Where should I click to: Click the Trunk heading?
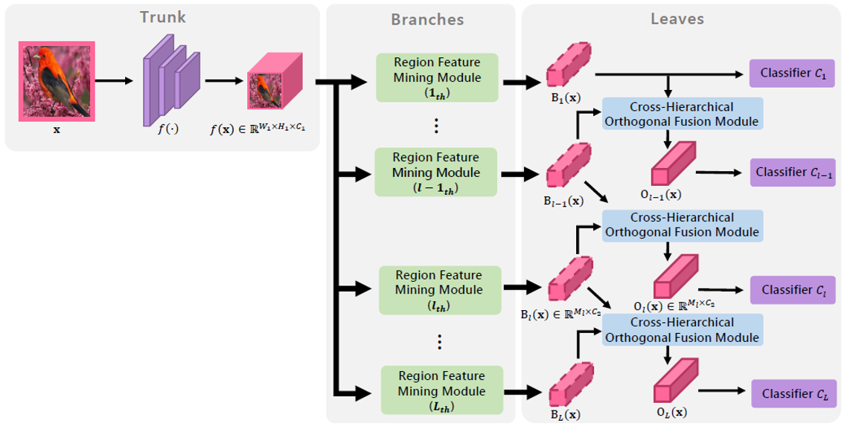(163, 16)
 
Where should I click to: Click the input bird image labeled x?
(56, 80)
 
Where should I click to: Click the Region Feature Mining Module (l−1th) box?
(426, 173)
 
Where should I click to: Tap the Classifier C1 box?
(793, 74)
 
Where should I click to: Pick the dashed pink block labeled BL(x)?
(570, 385)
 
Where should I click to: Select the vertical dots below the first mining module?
(437, 124)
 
